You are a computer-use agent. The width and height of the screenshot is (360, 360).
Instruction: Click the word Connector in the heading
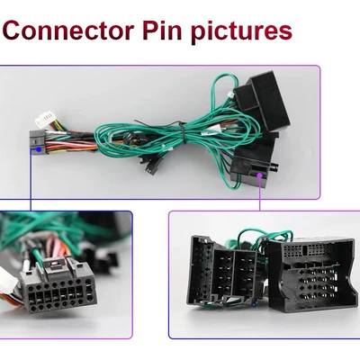coord(68,31)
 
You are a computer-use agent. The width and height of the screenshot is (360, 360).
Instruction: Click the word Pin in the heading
coord(162,30)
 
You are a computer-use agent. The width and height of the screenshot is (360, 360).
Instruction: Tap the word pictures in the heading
coord(241,32)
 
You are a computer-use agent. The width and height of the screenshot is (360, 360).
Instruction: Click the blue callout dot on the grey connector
coord(39,149)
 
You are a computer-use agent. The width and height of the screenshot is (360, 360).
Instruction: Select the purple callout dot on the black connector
coord(259,175)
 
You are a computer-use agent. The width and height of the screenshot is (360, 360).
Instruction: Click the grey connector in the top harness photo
coord(38,142)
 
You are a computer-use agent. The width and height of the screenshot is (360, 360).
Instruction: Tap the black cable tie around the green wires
coord(182,131)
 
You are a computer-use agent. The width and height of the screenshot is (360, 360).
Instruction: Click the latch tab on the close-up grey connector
coord(56,265)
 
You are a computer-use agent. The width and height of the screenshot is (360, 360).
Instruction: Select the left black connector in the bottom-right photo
coord(222,269)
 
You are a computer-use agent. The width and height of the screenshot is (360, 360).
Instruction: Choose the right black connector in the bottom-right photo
coord(312,275)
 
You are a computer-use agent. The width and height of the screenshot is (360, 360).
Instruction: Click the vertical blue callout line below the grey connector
coord(31,180)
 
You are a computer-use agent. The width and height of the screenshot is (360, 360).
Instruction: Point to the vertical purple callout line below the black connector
coord(260,194)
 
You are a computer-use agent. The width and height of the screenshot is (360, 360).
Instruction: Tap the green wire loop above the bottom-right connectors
coord(264,235)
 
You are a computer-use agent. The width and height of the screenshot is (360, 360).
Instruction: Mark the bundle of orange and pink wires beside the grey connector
coord(72,143)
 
